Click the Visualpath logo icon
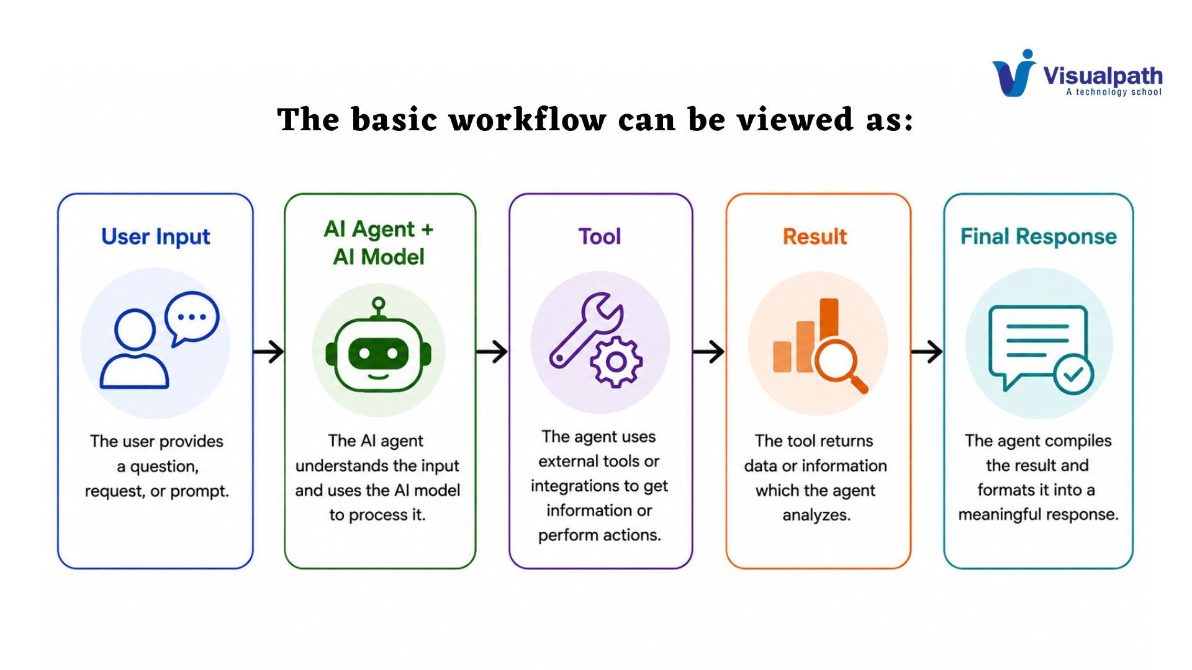click(x=1014, y=73)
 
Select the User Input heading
click(x=156, y=236)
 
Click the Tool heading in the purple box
click(x=600, y=236)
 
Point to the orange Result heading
click(x=815, y=236)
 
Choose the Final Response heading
click(x=1039, y=236)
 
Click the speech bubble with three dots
click(x=191, y=318)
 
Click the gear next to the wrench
click(x=616, y=362)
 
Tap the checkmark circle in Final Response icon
click(x=1073, y=374)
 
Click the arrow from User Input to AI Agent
click(x=268, y=352)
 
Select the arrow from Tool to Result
click(x=708, y=352)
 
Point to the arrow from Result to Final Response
click(x=927, y=352)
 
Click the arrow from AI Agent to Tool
click(x=492, y=352)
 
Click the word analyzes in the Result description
click(x=816, y=515)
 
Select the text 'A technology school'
click(x=1114, y=92)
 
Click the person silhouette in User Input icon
click(x=134, y=349)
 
